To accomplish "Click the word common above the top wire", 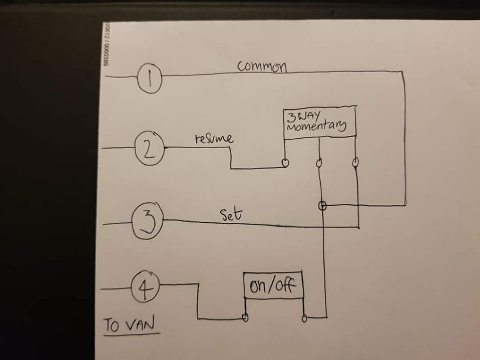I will pyautogui.click(x=262, y=67).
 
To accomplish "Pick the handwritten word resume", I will pyautogui.click(x=213, y=140).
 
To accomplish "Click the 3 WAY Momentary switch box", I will pyautogui.click(x=319, y=124).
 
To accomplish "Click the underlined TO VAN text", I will pyautogui.click(x=131, y=325).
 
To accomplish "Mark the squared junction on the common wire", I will pyautogui.click(x=322, y=205).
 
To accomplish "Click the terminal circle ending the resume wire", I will pyautogui.click(x=285, y=163).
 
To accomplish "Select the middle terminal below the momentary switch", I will pyautogui.click(x=319, y=163).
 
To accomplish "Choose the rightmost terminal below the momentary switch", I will pyautogui.click(x=355, y=162).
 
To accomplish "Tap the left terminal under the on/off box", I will pyautogui.click(x=245, y=318).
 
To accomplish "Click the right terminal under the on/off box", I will pyautogui.click(x=305, y=318).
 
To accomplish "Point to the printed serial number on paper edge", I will pyautogui.click(x=107, y=45).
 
